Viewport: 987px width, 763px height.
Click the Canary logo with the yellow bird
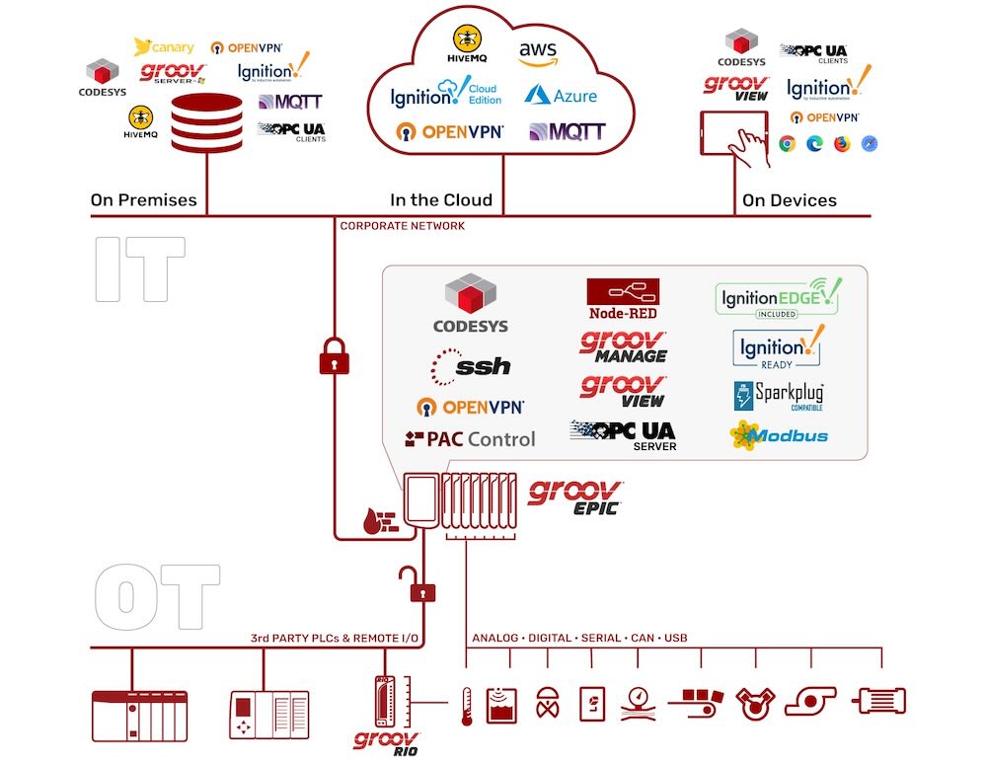164,47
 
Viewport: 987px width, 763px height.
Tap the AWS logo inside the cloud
538,53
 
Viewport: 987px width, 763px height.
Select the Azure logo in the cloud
561,95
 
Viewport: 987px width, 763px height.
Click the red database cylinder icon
206,123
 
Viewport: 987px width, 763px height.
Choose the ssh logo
472,366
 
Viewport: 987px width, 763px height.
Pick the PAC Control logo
470,438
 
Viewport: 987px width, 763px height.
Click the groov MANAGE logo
624,347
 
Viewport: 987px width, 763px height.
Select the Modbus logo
779,435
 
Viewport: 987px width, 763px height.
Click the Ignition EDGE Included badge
778,297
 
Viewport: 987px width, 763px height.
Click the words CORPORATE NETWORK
402,226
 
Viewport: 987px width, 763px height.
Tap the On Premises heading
143,200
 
